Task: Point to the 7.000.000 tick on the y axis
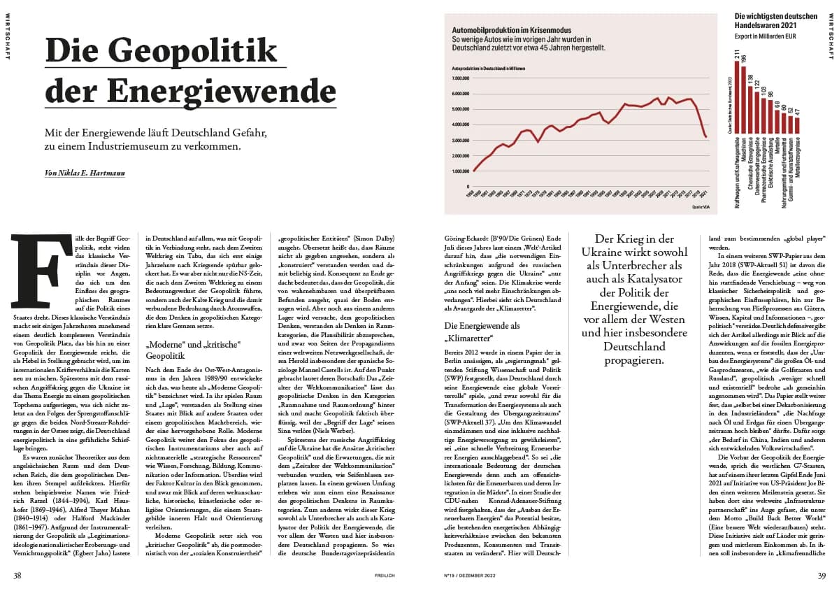click(464, 78)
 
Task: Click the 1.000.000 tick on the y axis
click(464, 171)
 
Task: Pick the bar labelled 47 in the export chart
click(796, 125)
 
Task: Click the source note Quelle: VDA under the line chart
click(701, 208)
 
